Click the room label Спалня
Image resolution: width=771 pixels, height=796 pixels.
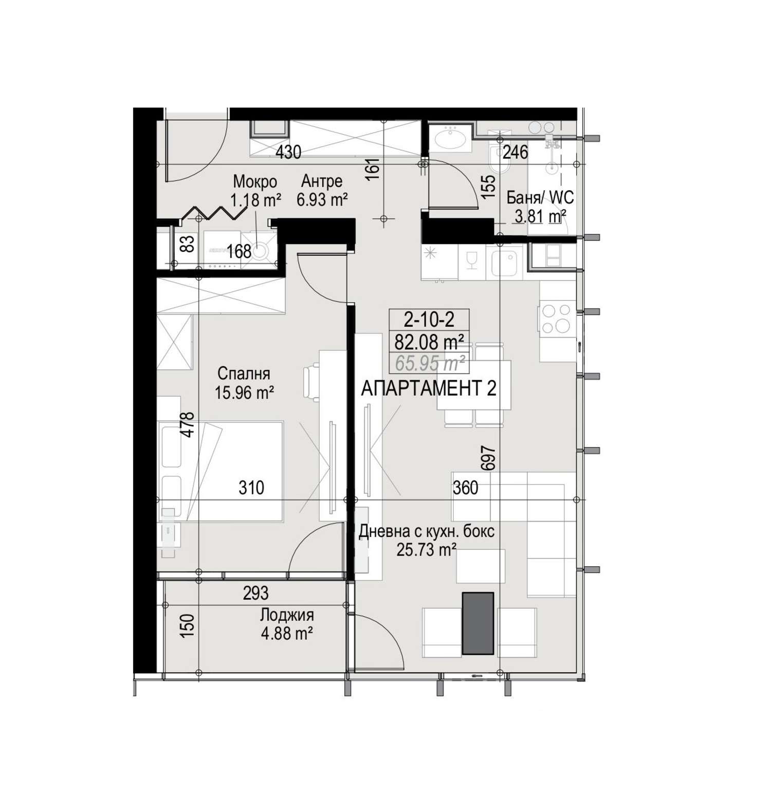(244, 373)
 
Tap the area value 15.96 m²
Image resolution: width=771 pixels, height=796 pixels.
(244, 393)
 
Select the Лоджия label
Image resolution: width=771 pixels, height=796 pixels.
(287, 615)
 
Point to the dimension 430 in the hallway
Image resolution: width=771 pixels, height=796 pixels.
(288, 152)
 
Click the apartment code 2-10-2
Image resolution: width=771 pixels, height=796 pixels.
(429, 320)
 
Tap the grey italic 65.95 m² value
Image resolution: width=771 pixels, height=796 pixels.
(430, 363)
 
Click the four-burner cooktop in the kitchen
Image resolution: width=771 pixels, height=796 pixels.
(557, 319)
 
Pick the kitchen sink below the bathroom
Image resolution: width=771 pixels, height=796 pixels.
(507, 262)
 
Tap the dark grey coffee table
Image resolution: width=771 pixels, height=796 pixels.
(478, 623)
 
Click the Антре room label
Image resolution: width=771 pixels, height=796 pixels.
(322, 181)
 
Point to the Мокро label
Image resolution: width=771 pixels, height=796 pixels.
(255, 181)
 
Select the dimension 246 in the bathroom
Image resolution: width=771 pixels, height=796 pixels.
(516, 152)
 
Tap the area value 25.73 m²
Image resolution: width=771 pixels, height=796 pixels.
(427, 550)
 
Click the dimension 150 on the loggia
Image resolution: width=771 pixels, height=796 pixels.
(189, 626)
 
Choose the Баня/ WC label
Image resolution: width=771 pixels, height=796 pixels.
(540, 197)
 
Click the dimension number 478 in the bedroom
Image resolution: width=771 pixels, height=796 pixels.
(188, 425)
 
